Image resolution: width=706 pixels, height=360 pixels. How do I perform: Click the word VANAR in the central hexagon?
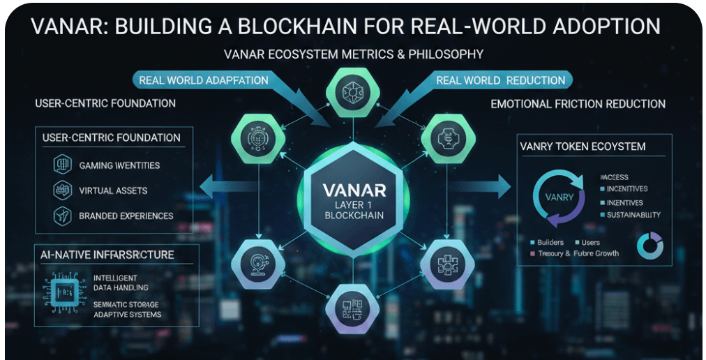(x=352, y=190)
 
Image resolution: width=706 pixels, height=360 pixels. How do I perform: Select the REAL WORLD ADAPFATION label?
(x=204, y=80)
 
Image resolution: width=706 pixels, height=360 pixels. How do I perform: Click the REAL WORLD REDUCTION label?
(x=500, y=80)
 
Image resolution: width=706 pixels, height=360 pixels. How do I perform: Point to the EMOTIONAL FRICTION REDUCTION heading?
(x=578, y=104)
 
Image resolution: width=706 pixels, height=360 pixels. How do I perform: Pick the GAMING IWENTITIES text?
(x=119, y=165)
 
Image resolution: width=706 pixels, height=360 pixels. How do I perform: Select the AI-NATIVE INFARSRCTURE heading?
(x=107, y=255)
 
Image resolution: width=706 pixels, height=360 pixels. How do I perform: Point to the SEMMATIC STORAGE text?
(x=126, y=305)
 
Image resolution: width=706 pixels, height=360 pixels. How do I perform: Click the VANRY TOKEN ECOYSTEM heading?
(x=583, y=147)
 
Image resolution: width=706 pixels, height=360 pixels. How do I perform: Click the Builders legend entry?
(x=549, y=242)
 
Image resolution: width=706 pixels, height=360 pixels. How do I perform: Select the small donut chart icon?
(x=650, y=245)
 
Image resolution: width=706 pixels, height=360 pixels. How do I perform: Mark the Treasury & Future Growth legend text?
(x=578, y=253)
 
